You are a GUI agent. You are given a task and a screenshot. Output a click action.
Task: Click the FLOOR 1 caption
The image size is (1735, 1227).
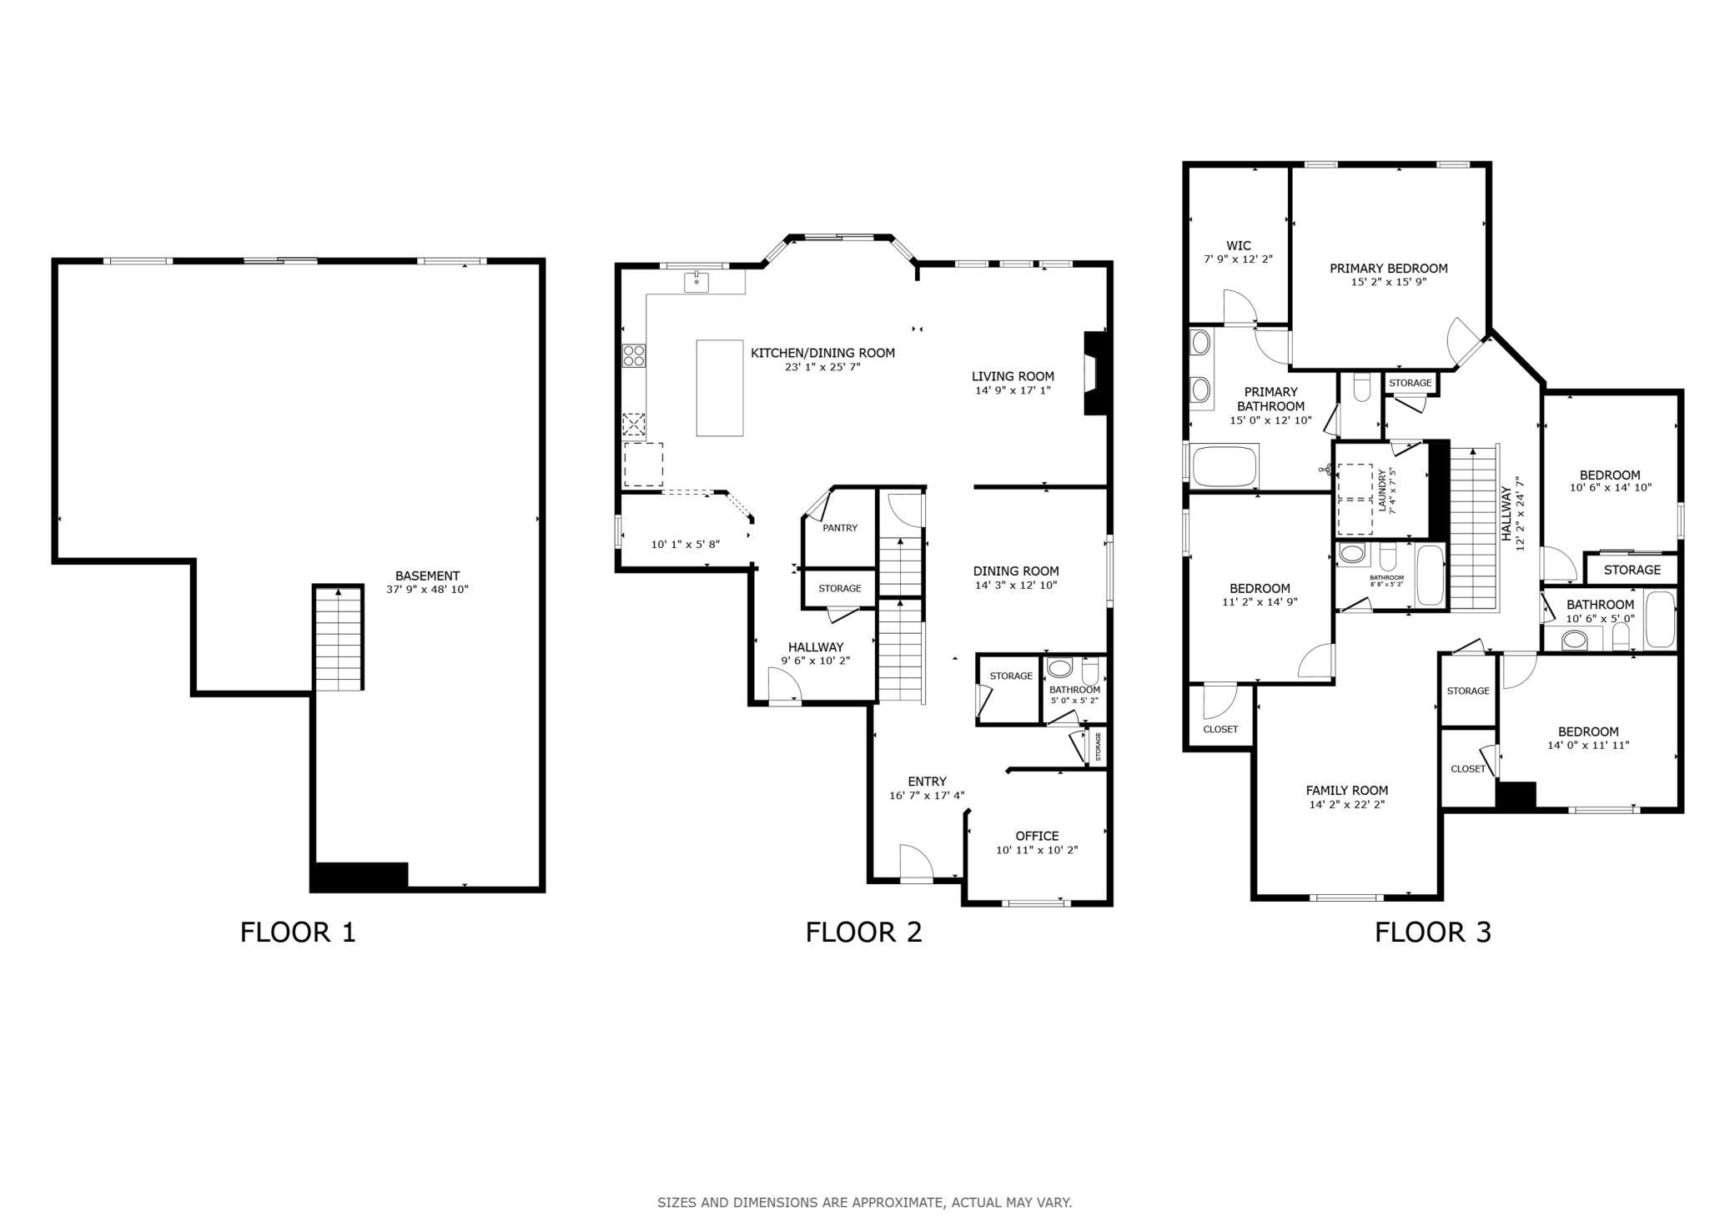pos(298,932)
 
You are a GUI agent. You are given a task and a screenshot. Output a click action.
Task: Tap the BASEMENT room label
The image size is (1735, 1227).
pos(427,576)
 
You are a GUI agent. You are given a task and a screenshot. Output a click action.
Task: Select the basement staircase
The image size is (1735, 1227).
pos(339,638)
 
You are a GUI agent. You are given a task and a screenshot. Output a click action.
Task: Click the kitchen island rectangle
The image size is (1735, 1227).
pos(720,388)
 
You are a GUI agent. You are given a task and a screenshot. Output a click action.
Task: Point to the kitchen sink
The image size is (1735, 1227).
pos(697,282)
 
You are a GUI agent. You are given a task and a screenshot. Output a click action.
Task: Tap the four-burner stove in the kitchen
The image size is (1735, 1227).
pos(634,356)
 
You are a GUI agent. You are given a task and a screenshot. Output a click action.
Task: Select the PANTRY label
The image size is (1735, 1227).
pos(840,528)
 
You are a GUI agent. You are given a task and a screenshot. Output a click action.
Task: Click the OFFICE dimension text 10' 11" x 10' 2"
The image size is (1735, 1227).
pos(1037,850)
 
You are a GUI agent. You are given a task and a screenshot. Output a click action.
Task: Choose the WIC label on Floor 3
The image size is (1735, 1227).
pos(1239,245)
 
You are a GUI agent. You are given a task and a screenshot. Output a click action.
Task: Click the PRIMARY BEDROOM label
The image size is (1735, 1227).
pos(1389,269)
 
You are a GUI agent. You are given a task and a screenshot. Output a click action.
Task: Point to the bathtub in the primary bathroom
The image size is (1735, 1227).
pos(1225,465)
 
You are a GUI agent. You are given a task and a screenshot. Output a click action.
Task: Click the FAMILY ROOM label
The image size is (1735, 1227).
pos(1347,791)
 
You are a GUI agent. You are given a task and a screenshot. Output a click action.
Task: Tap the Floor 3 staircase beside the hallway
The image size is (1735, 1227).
pos(1475,527)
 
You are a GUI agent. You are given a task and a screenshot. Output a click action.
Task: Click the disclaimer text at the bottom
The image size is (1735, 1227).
pos(865,1203)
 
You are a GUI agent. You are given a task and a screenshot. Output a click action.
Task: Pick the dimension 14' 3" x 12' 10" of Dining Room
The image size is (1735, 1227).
pos(1016,586)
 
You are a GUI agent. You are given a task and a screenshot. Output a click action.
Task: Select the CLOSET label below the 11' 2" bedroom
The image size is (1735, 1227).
pos(1220,729)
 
